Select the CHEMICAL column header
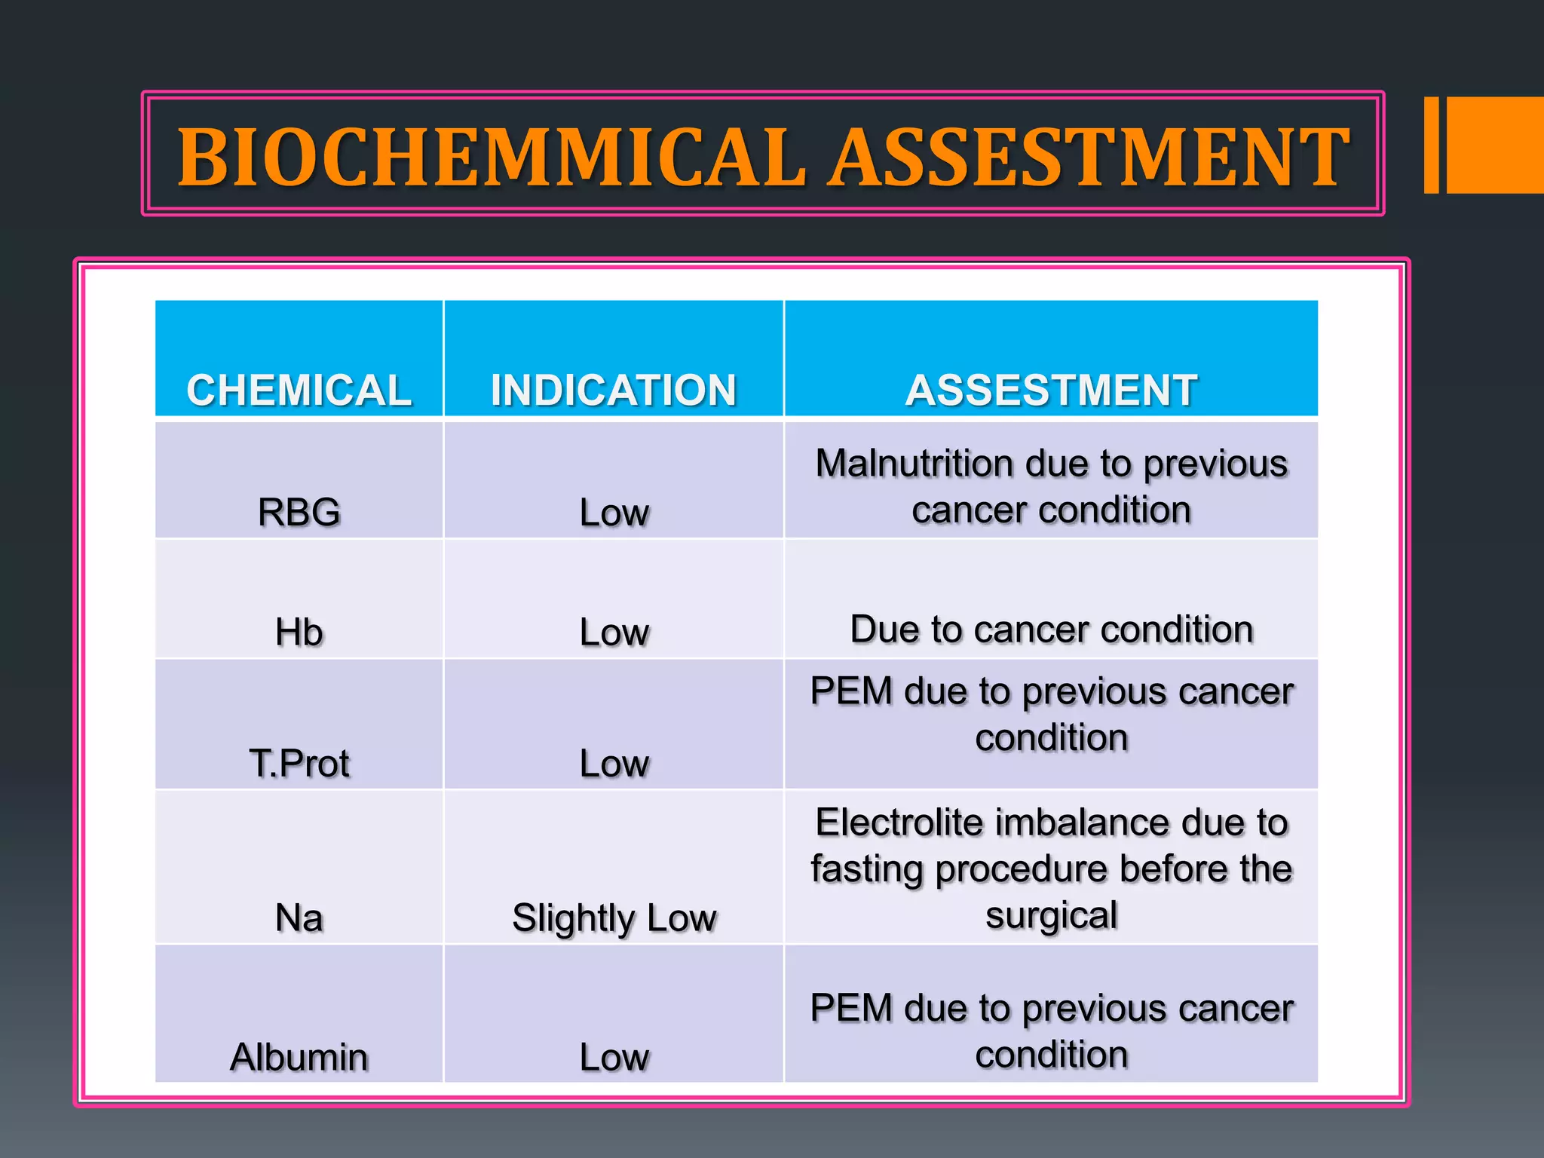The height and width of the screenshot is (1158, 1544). click(x=299, y=390)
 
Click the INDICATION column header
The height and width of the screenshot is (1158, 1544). click(x=614, y=390)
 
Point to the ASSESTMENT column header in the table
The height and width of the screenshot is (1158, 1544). click(x=1051, y=390)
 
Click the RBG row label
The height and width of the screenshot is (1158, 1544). click(x=299, y=513)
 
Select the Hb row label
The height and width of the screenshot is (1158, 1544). click(x=299, y=632)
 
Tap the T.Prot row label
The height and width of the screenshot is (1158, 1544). click(x=299, y=763)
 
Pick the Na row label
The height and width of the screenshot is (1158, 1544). click(x=299, y=918)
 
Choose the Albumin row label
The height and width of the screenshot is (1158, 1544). click(x=299, y=1056)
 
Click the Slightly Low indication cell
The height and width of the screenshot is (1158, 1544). click(x=614, y=918)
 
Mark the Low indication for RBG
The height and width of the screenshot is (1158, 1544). click(x=614, y=513)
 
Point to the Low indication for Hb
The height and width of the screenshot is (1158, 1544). click(x=614, y=632)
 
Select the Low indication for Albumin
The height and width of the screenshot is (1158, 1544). click(x=614, y=1056)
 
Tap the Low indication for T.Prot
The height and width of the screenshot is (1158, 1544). click(x=614, y=763)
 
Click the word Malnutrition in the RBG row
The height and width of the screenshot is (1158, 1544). click(x=914, y=464)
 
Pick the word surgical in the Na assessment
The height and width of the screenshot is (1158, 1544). click(x=1051, y=915)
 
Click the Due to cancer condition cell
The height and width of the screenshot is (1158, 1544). click(x=1051, y=629)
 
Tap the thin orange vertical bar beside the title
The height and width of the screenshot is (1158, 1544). click(x=1431, y=145)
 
